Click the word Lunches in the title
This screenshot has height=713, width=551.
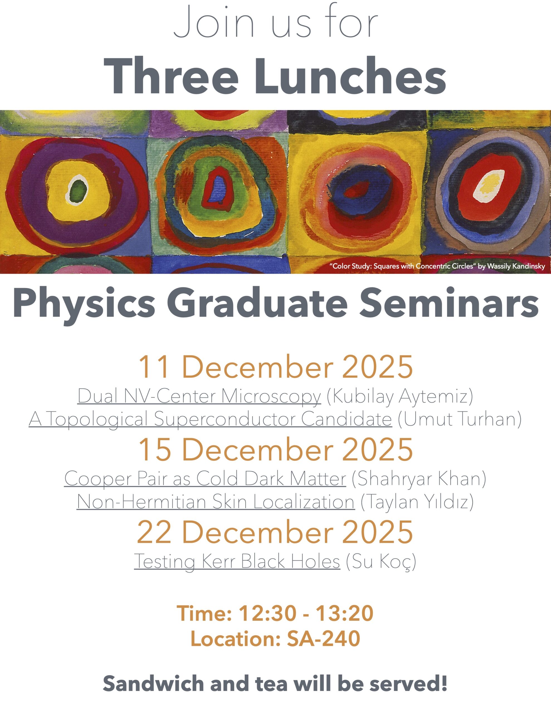click(350, 76)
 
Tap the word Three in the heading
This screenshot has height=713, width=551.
click(171, 76)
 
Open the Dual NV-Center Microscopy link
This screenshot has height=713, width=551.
click(199, 397)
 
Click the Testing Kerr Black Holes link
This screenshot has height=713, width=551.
click(237, 561)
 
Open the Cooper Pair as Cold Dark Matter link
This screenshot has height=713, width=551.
click(205, 479)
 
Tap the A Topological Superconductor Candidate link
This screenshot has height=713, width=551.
click(210, 419)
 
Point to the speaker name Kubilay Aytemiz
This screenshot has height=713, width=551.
click(400, 397)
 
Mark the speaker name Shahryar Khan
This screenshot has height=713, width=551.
click(419, 479)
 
